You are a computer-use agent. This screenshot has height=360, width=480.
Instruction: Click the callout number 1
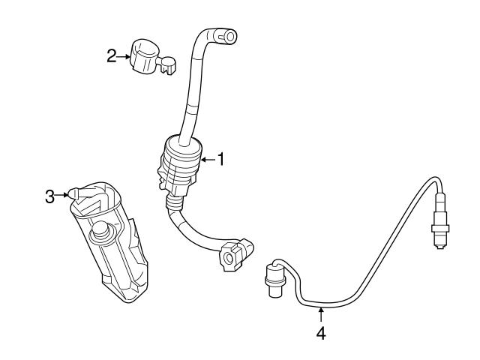tap(220, 158)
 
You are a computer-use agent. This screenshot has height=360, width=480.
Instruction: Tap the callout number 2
tap(111, 56)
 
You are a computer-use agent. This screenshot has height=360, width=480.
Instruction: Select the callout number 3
tap(49, 196)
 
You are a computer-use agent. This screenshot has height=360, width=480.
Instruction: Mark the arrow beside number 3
tap(61, 196)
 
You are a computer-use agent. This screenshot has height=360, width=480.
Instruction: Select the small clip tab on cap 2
tap(169, 68)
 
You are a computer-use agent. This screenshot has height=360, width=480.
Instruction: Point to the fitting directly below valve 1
tap(175, 202)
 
